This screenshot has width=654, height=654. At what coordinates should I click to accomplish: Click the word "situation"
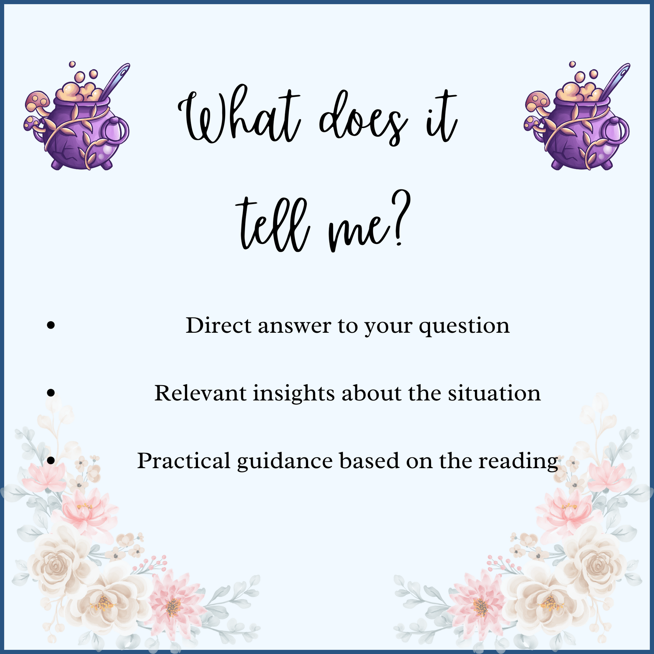coord(495,393)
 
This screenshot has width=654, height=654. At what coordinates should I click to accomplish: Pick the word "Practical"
coord(184,461)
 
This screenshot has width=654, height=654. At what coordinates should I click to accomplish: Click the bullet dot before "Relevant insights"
coord(51,393)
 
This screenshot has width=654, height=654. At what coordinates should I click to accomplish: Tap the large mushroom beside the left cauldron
coord(38,101)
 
